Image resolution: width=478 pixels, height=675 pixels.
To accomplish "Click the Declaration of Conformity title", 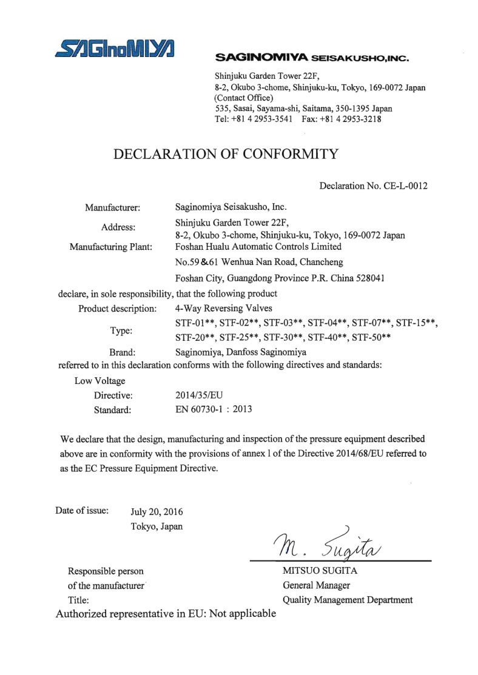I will pyautogui.click(x=226, y=154).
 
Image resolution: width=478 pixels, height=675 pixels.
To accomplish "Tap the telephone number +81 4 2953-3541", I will pyautogui.click(x=264, y=119).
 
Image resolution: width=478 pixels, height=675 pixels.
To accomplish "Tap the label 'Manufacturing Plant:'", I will pyautogui.click(x=111, y=247).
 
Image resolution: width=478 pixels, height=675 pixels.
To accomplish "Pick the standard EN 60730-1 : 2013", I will pyautogui.click(x=213, y=409).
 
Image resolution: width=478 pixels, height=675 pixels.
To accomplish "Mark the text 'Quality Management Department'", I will pyautogui.click(x=348, y=600).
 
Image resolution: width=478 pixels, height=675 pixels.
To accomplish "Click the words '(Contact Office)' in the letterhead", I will pyautogui.click(x=244, y=98).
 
